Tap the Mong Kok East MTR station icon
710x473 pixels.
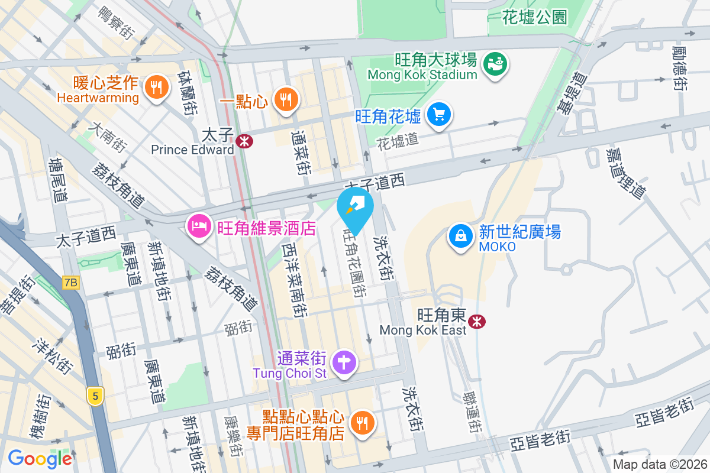tap(476, 321)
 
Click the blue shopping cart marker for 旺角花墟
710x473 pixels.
tap(439, 114)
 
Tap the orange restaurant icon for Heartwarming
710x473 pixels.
tap(156, 88)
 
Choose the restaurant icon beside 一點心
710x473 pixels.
tap(286, 99)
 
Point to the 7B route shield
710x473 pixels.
tap(70, 283)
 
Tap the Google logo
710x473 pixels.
tap(40, 458)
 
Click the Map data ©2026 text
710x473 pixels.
tap(659, 465)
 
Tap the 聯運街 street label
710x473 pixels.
tap(472, 413)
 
